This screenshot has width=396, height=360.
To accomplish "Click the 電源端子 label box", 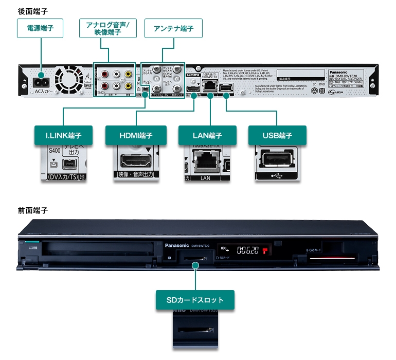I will [40, 29].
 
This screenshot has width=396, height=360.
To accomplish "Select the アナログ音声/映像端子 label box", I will [108, 29].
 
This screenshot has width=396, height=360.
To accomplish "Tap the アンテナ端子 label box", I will [173, 29].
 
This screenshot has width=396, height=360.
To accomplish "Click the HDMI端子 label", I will [136, 136].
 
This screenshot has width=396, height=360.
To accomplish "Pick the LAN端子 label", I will [208, 136].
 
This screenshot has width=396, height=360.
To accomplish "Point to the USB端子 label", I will [277, 136].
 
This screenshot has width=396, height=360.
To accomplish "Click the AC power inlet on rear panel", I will [41, 82].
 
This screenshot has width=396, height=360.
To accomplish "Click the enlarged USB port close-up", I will [277, 159].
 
